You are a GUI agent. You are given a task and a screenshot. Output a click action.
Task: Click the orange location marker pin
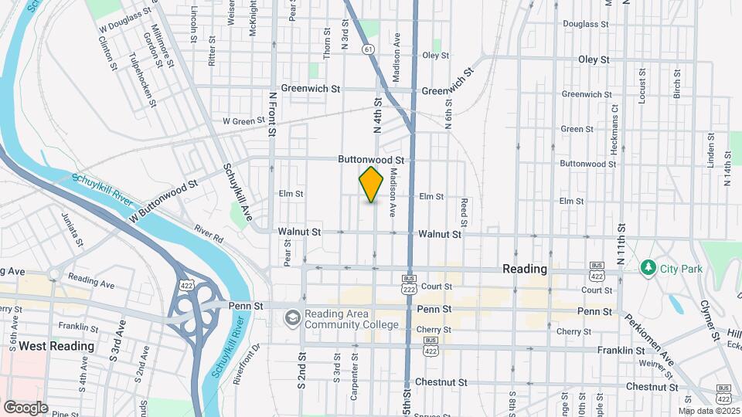371,184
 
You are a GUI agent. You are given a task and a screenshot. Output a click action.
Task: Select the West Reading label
56,346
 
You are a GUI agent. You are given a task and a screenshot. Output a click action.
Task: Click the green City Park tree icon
647,268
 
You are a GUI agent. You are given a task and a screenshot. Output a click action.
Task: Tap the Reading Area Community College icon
292,317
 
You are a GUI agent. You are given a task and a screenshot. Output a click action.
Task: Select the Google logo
26,407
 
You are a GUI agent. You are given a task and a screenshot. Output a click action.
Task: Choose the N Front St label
272,114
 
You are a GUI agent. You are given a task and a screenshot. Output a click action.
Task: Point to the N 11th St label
621,243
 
